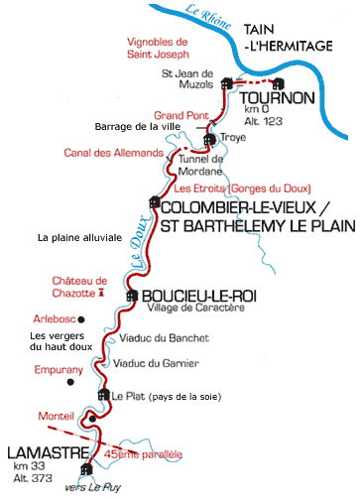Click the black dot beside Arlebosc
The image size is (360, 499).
81,318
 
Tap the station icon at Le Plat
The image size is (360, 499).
101,395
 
